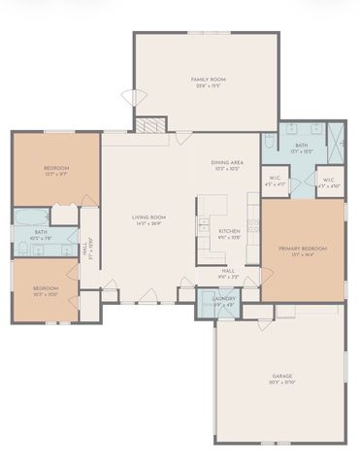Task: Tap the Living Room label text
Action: (x=149, y=216)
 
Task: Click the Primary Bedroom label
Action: (x=303, y=249)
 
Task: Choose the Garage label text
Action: (x=282, y=376)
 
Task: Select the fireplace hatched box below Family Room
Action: (x=149, y=124)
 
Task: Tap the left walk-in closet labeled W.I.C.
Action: (x=276, y=179)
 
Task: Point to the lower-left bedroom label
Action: (x=45, y=288)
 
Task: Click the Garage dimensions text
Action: (x=282, y=383)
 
